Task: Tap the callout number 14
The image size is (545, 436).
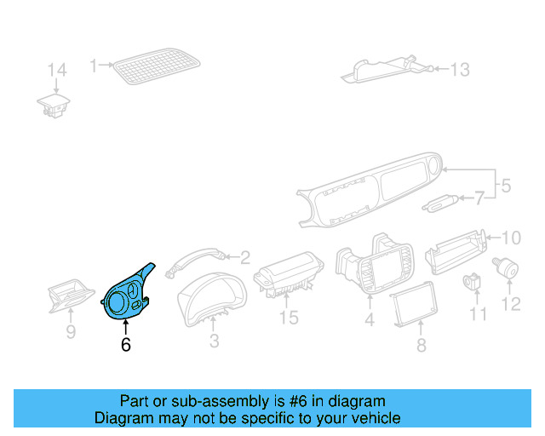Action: pyautogui.click(x=56, y=69)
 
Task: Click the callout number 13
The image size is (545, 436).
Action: pyautogui.click(x=460, y=70)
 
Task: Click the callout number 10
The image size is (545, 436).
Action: pyautogui.click(x=508, y=238)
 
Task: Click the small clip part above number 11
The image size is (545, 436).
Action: pyautogui.click(x=473, y=280)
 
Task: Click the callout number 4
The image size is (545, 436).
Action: pyautogui.click(x=370, y=321)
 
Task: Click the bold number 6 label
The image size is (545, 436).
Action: pyautogui.click(x=126, y=345)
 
